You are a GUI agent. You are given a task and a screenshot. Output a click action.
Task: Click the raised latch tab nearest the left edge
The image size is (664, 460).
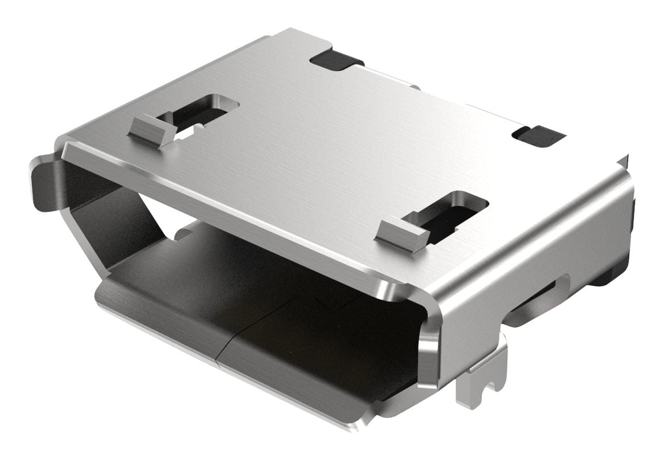coord(151,130)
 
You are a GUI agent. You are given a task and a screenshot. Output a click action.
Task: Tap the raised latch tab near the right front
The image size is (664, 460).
coord(402,235)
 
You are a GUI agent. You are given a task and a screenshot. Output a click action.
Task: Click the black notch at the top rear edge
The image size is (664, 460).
coord(336,60)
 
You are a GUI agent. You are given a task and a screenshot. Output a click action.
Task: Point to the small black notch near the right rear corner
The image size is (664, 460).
coord(538,135)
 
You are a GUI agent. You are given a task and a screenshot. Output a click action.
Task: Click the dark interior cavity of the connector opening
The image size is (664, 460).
coord(285,285)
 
